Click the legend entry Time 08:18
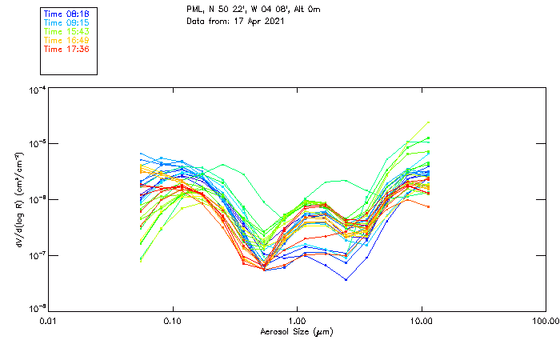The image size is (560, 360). coord(66,14)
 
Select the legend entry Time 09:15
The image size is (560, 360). coord(66,22)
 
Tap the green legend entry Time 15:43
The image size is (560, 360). coord(66,31)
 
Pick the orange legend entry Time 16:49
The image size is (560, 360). coord(66,40)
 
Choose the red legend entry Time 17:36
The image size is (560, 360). coord(66,49)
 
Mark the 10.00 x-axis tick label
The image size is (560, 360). coord(421,320)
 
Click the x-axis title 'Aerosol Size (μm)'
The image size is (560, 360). coord(297,331)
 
